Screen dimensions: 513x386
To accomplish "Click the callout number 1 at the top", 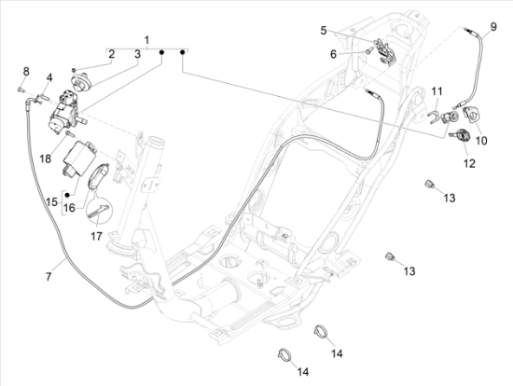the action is (146, 41).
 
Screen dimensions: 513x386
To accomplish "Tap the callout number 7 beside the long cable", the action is (49, 277).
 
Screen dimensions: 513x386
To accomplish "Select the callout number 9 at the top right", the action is (493, 26).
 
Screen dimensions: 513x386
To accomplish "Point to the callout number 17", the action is (96, 236).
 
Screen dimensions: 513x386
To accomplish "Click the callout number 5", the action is (324, 31).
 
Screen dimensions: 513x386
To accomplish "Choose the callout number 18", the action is (46, 159).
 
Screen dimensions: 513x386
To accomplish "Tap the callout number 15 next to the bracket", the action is (51, 201).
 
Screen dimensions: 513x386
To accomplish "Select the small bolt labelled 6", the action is (370, 50).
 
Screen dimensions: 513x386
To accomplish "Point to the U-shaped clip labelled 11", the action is (434, 117).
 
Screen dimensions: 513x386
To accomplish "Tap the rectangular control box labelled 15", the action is (79, 159).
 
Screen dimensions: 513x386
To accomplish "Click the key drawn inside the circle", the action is (99, 212).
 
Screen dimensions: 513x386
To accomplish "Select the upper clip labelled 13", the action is (429, 185).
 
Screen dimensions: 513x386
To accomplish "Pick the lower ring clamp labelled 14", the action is (284, 354).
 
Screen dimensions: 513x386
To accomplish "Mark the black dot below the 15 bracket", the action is (67, 195).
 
